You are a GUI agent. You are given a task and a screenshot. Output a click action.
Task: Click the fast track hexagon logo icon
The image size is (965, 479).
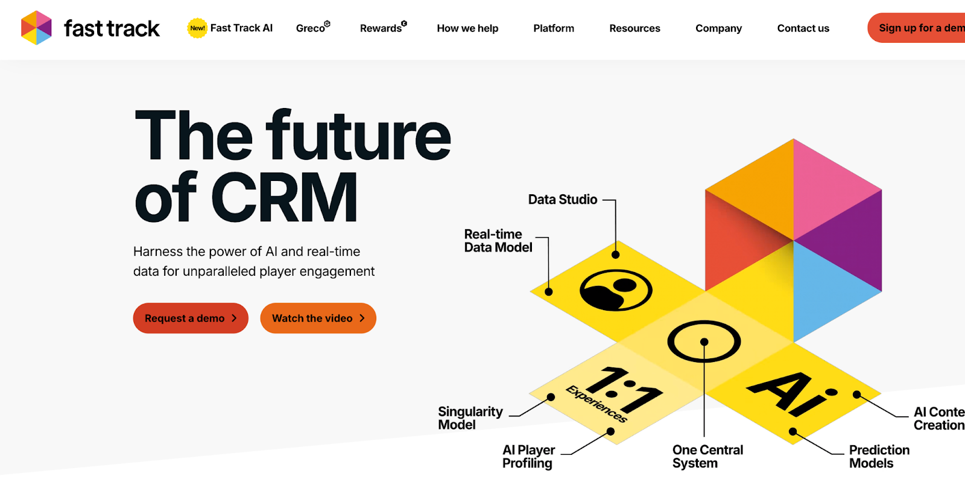coord(36,28)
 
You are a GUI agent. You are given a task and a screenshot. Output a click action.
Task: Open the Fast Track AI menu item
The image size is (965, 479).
coord(241,28)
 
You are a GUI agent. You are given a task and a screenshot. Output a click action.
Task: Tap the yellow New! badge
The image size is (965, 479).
coord(197,28)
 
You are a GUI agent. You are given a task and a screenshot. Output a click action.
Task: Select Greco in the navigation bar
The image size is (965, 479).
coord(311,28)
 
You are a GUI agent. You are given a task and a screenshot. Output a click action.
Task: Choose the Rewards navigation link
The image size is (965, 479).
coord(381,28)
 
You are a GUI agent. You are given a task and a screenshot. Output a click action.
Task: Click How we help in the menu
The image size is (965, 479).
coord(467,28)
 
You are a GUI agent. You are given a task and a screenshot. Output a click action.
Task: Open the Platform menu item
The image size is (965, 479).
coord(554,28)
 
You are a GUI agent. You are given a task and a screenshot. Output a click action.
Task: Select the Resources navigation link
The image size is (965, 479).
coord(634,28)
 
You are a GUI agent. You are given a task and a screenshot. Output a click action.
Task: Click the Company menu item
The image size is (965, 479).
coord(718,28)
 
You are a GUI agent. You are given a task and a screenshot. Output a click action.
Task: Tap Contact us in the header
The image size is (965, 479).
coord(803,28)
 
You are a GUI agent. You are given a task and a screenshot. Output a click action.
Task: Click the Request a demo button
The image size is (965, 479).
coord(191,318)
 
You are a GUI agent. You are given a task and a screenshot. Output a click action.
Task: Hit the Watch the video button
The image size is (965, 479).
coord(318,318)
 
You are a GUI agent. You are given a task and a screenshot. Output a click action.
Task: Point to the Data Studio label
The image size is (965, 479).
coord(563,200)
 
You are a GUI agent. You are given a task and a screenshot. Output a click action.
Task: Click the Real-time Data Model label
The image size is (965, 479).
coord(498,241)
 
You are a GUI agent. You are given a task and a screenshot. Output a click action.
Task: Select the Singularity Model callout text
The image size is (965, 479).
coord(470,418)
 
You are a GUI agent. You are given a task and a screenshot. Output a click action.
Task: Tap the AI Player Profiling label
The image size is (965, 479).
coord(528,457)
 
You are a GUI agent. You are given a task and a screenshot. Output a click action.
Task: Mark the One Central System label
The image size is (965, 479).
coord(707,457)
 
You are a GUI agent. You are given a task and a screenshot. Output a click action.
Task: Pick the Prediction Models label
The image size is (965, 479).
coord(879,457)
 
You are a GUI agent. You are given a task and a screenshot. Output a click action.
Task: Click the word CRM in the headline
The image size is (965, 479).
coord(284,198)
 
